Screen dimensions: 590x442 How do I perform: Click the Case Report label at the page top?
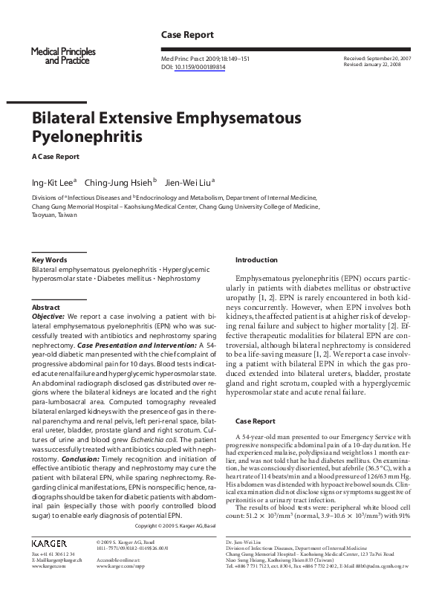[x=187, y=35]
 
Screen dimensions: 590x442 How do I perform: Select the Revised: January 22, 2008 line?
[x=374, y=65]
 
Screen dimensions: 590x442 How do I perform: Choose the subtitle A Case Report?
[x=55, y=157]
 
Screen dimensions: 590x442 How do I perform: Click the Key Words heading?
[x=49, y=259]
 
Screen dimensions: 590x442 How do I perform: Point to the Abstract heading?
[x=46, y=307]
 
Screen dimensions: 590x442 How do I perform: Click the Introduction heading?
[x=256, y=259]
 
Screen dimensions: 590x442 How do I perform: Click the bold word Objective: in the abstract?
[x=48, y=316]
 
